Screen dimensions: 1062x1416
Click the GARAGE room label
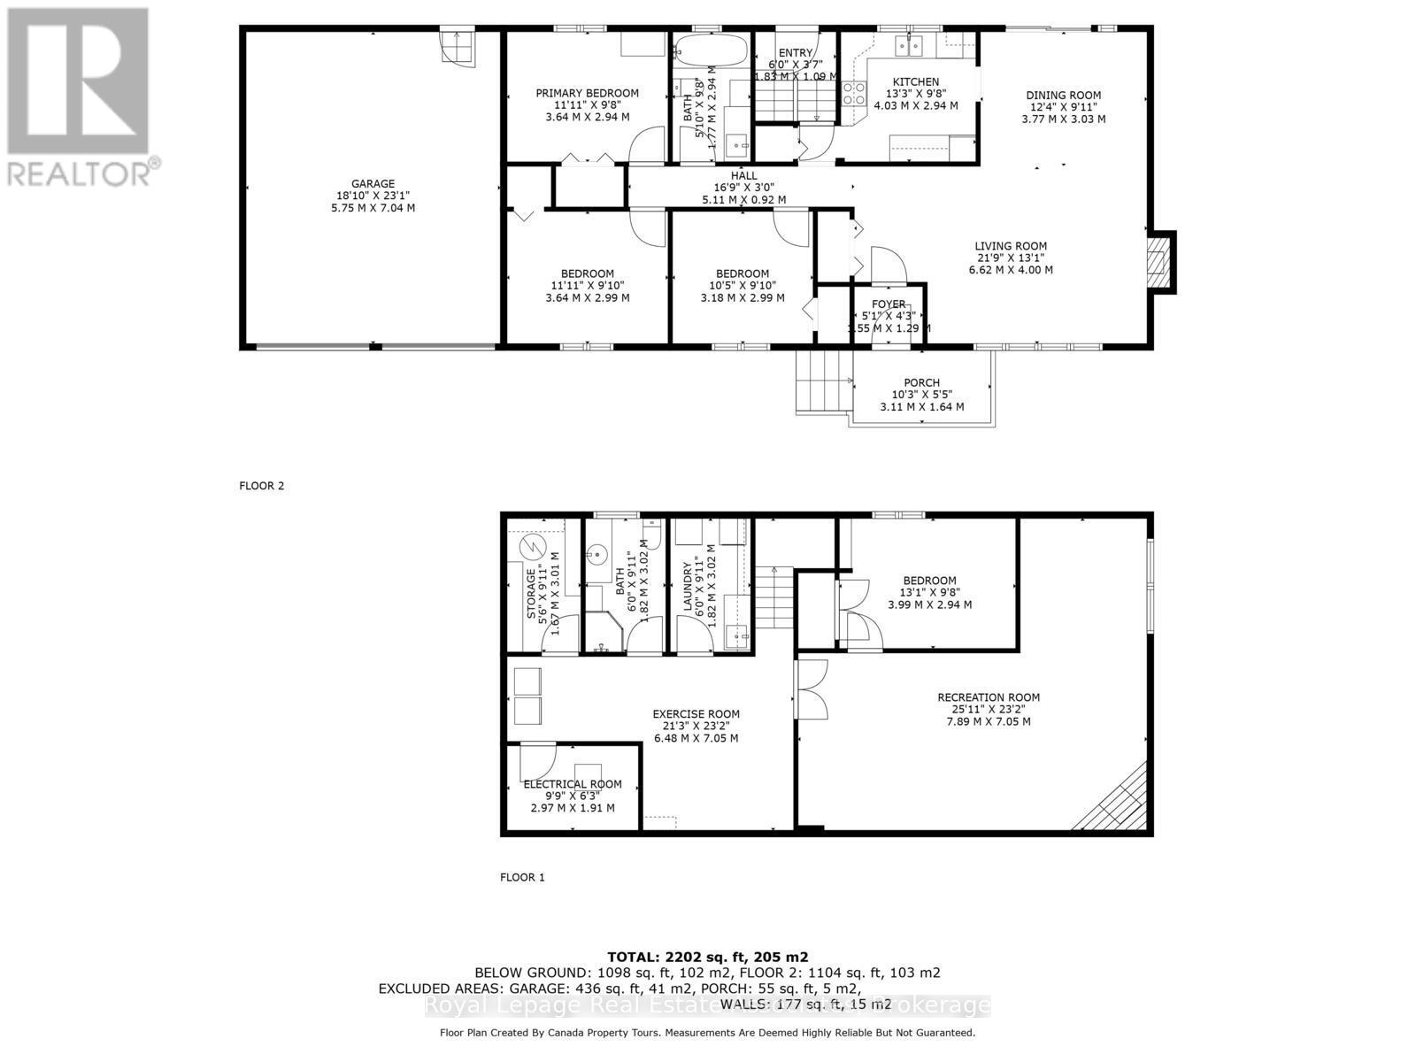[x=372, y=185]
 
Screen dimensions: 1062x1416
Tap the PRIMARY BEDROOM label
[x=587, y=93]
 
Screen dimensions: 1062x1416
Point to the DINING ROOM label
[x=1063, y=96]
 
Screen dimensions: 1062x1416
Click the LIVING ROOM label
[x=1011, y=246]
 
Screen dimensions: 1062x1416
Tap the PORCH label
[x=921, y=382]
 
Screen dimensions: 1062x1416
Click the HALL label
[x=743, y=176]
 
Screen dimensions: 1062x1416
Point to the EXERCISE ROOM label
[x=696, y=713]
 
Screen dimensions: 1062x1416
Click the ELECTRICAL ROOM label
[x=573, y=784]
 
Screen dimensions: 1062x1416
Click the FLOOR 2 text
[x=262, y=486]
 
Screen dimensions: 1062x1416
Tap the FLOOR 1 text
[x=522, y=877]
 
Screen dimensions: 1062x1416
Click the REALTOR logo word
[x=80, y=171]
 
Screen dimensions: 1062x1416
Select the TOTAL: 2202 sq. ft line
[x=707, y=957]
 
